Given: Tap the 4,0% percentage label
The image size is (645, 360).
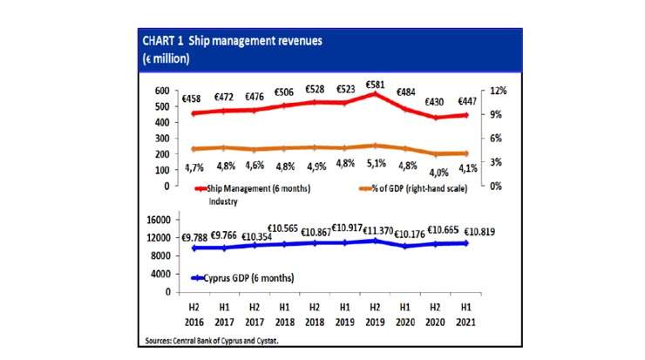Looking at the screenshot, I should pos(434,171).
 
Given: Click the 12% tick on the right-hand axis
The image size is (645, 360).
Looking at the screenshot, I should pos(497,92).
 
